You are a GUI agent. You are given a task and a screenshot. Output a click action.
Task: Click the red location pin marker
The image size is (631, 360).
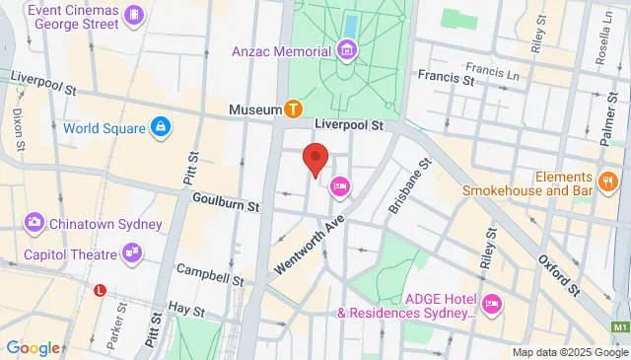[315, 158]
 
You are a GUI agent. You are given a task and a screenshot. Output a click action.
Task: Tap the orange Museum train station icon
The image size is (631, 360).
[293, 108]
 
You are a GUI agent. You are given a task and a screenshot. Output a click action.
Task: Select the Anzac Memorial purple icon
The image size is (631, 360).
[346, 49]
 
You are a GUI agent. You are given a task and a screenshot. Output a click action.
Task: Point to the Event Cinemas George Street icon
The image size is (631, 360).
[134, 16]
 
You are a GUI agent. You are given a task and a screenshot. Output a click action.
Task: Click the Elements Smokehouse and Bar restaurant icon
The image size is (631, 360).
[608, 181]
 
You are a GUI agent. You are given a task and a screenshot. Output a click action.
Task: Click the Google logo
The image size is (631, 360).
[33, 347]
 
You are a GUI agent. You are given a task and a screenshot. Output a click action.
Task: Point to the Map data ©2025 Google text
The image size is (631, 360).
[569, 352]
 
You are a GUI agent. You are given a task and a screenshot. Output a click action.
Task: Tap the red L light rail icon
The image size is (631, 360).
[100, 290]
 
